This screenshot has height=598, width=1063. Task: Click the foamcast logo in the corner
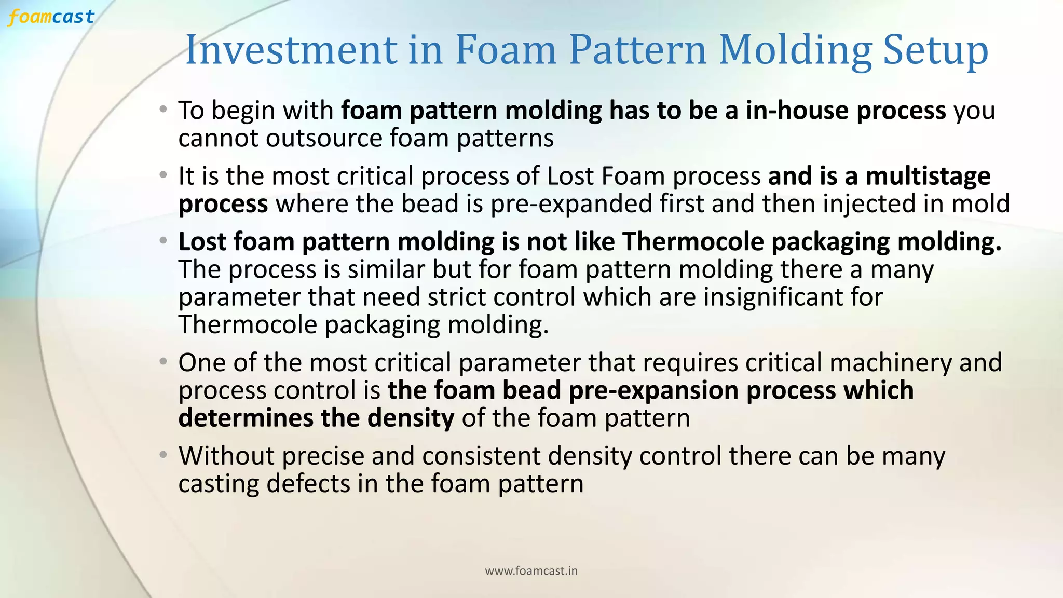51,17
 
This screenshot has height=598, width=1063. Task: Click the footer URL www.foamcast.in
531,571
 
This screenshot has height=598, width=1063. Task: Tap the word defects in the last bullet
307,484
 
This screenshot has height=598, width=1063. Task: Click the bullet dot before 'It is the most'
163,175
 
